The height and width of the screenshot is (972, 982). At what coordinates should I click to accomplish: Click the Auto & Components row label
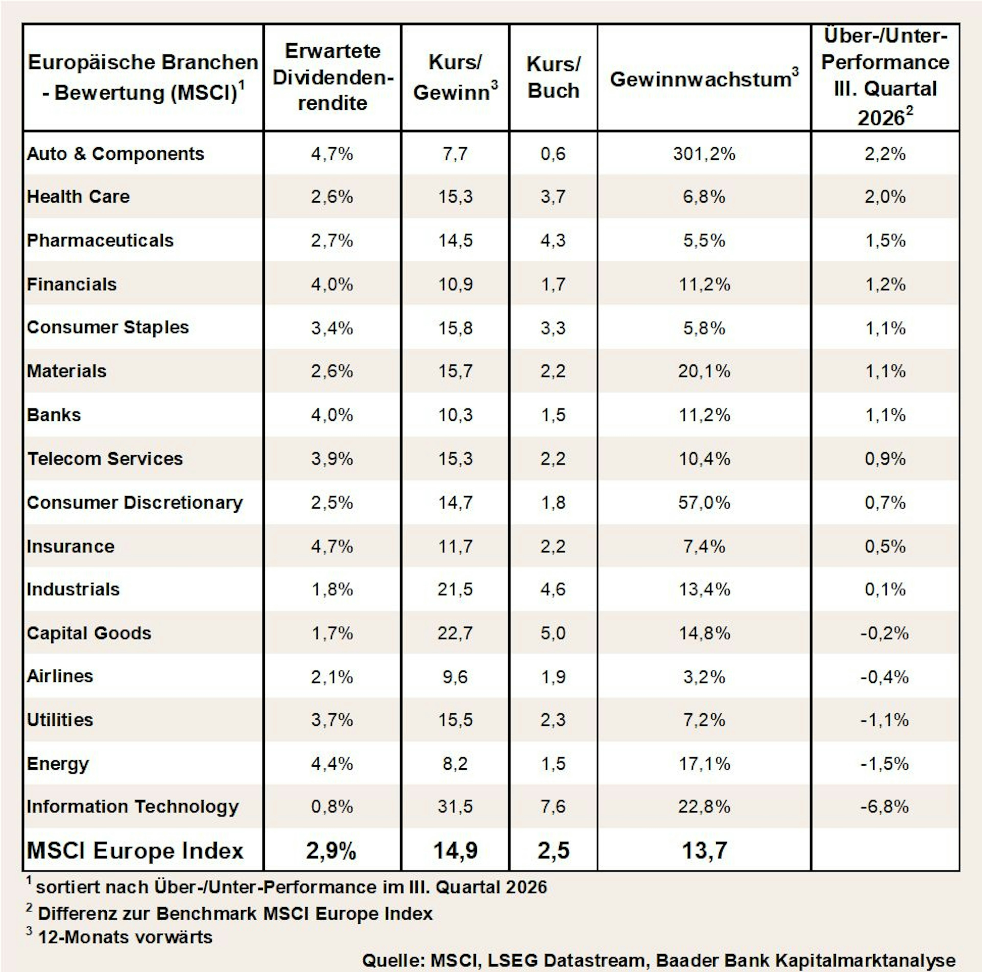115,153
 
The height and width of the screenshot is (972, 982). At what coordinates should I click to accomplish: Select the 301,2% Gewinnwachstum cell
704,153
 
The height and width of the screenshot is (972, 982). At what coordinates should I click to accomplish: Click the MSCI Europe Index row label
135,850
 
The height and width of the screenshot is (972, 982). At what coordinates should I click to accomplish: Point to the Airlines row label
60,676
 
